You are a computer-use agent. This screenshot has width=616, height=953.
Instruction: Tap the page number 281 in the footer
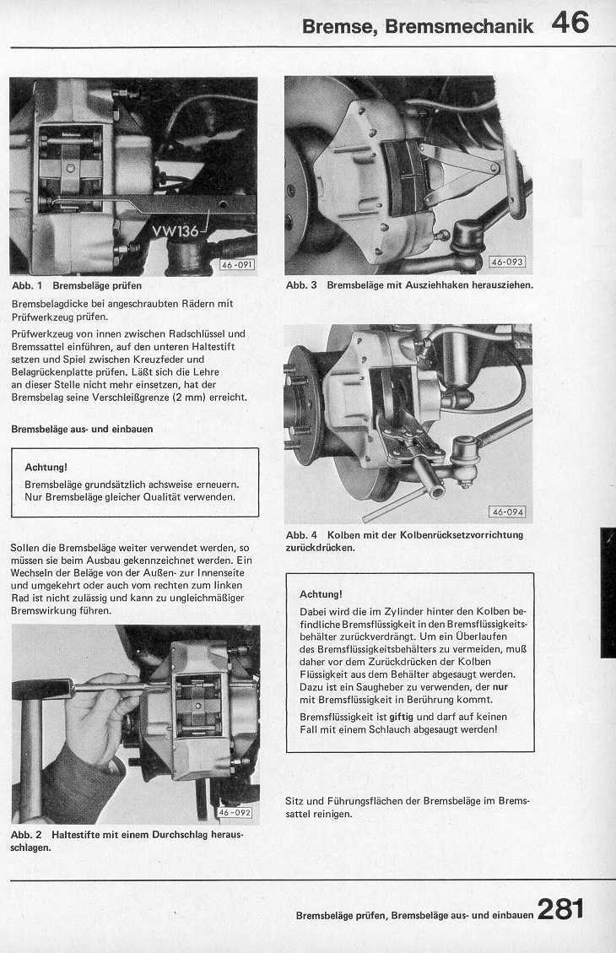[x=559, y=909]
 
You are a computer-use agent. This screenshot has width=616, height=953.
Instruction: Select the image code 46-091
[x=236, y=265]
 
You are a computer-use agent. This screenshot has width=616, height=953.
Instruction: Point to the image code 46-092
[x=235, y=813]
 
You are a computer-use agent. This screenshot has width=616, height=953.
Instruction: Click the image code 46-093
[x=507, y=262]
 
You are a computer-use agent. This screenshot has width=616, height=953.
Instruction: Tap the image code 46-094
[x=507, y=512]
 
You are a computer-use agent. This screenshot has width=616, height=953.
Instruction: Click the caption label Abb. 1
[x=27, y=286]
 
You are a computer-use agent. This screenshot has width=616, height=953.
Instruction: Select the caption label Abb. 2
[x=27, y=834]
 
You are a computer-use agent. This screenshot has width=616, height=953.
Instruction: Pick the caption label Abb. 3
[x=301, y=285]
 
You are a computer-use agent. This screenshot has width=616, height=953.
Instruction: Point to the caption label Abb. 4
[x=301, y=535]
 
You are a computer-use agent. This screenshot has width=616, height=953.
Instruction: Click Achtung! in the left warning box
[x=46, y=467]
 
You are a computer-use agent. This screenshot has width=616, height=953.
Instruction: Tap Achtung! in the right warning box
[x=322, y=593]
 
